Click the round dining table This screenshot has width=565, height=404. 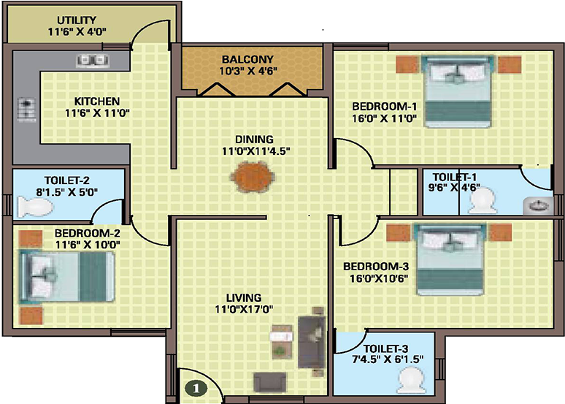[x=253, y=175]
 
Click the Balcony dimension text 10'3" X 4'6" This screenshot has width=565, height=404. [x=248, y=72]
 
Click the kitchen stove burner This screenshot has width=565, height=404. [x=26, y=110]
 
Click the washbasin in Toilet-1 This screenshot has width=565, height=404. [x=541, y=206]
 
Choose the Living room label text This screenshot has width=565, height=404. [x=244, y=297]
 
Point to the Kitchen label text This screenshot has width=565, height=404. [x=97, y=101]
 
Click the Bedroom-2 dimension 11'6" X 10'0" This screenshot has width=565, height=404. [x=87, y=245]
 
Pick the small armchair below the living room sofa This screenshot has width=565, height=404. [x=267, y=381]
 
